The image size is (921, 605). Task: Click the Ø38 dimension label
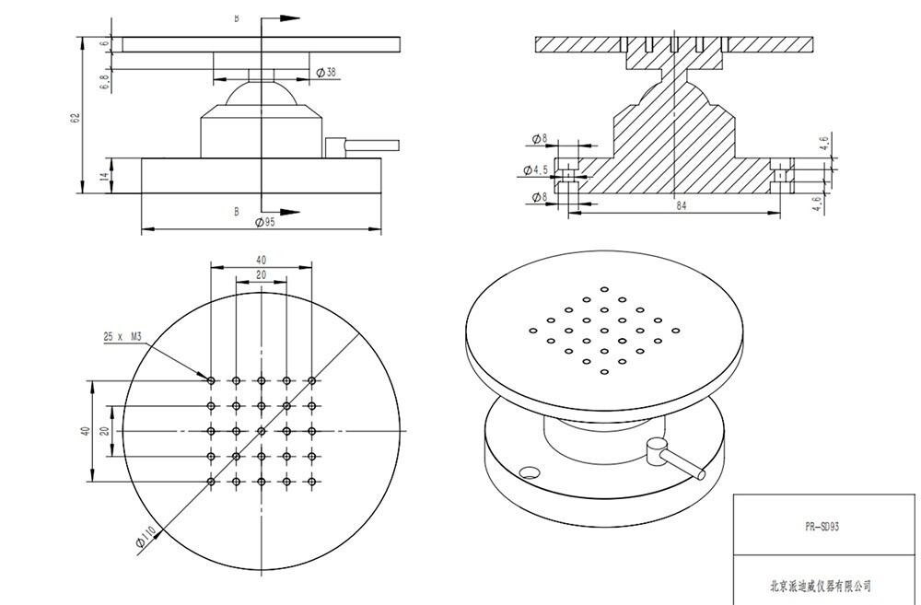[x=326, y=72]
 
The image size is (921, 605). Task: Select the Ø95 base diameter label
[x=265, y=222]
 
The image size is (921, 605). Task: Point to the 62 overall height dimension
[x=75, y=118]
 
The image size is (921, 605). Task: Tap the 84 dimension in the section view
[x=681, y=205]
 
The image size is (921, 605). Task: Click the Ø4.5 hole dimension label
[x=536, y=170]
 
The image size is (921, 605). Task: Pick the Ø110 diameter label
[x=146, y=537]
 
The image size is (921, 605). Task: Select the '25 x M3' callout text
[x=122, y=336]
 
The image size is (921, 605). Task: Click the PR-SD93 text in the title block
[x=822, y=527]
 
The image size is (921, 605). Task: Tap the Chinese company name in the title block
[x=821, y=586]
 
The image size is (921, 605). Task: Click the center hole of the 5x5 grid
[x=262, y=431]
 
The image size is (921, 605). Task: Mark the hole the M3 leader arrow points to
[x=211, y=380]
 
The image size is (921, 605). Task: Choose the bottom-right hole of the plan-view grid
[x=312, y=482]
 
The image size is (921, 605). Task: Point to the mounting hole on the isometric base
[x=530, y=472]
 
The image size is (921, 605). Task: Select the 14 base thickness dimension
[x=106, y=176]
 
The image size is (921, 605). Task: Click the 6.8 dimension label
[x=105, y=82]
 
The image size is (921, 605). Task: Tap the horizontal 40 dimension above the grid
[x=262, y=260]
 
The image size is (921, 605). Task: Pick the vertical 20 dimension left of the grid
[x=105, y=431]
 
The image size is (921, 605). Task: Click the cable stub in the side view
[x=362, y=145]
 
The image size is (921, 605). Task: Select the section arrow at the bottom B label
[x=280, y=212]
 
